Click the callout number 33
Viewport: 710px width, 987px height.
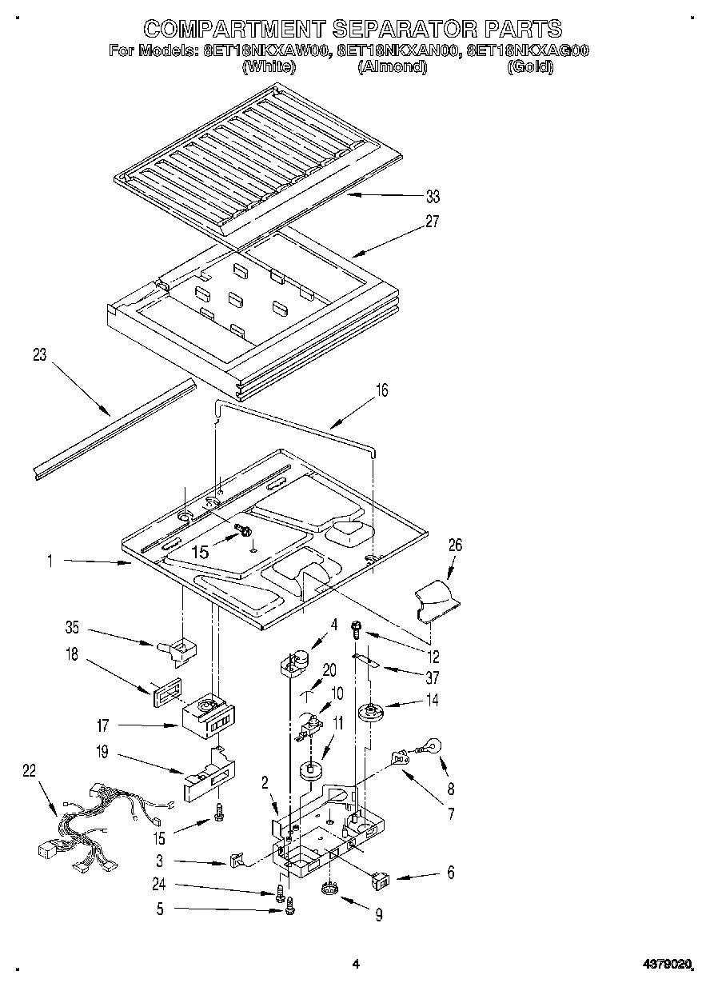point(433,197)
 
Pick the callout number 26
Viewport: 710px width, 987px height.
point(455,545)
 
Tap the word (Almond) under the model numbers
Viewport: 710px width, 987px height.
point(392,68)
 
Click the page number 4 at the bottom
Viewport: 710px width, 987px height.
point(357,965)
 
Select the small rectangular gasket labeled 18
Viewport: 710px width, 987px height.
point(165,691)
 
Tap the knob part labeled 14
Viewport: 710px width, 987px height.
point(371,710)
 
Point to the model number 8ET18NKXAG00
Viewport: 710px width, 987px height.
point(527,51)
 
